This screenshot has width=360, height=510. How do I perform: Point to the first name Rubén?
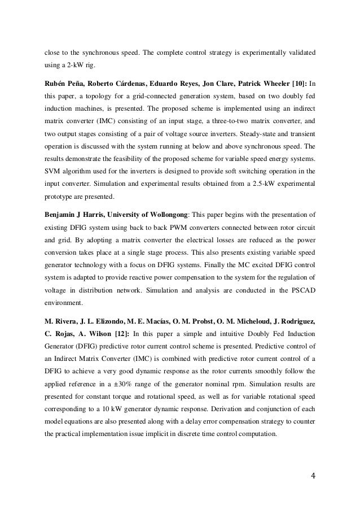coord(55,83)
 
